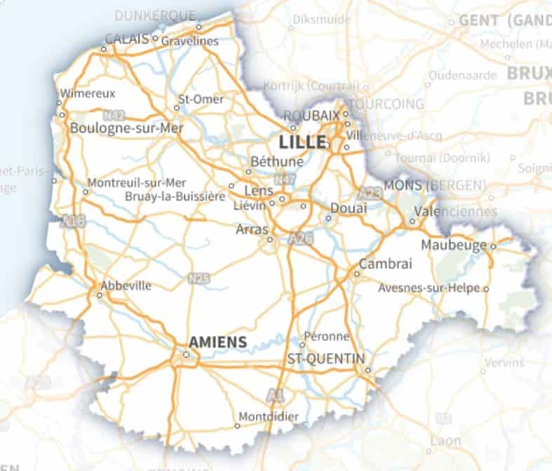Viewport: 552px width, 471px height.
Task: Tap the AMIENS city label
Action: (x=218, y=342)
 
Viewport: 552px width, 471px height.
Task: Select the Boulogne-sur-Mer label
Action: (x=126, y=128)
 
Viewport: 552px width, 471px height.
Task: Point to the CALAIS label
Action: (x=127, y=39)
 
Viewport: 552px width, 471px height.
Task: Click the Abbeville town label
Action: (x=126, y=286)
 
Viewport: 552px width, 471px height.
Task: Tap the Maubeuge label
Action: (x=455, y=245)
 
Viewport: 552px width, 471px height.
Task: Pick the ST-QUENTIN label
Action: (x=326, y=359)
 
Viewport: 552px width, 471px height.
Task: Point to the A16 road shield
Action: (x=73, y=221)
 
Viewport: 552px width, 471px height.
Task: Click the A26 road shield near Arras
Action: (x=300, y=240)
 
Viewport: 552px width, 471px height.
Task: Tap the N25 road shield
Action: (x=199, y=279)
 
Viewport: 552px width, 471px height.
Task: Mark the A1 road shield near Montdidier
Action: (x=276, y=396)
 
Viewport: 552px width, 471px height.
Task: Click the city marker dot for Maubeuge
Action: (x=493, y=246)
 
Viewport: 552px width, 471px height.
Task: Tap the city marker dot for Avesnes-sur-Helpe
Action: (x=486, y=288)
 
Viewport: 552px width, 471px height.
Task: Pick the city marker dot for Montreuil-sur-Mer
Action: (x=87, y=191)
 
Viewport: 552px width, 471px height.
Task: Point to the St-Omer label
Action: (x=201, y=100)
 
